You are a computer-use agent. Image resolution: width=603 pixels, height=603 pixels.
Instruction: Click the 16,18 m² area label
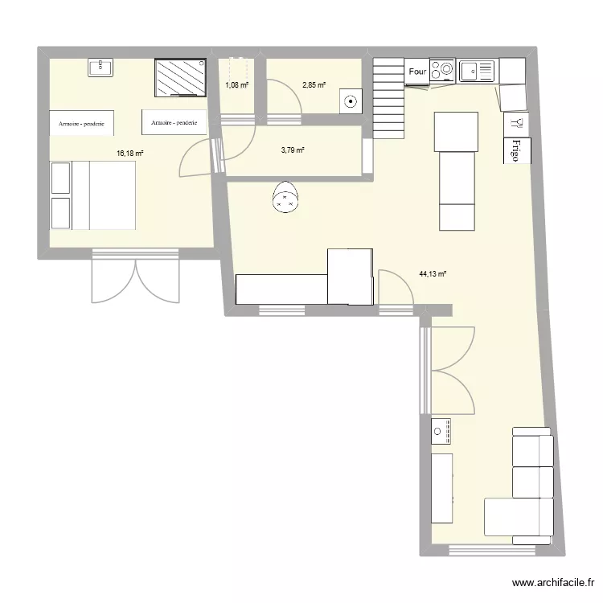point(130,153)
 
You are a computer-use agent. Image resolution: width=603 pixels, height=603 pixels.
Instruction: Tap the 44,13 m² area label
point(433,274)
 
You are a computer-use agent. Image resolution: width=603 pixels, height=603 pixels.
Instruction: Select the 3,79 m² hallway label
point(293,150)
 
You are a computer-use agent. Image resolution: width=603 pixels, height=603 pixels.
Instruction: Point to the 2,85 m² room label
point(314,85)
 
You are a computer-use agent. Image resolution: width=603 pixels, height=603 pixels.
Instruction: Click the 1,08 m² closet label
point(237,85)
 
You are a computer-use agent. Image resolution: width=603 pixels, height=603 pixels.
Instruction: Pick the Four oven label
point(417,72)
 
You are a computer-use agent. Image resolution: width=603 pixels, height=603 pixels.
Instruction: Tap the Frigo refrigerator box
point(517,150)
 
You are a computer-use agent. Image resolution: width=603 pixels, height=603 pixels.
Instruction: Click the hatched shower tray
point(180,77)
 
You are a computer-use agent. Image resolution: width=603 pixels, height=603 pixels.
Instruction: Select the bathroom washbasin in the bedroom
point(100,68)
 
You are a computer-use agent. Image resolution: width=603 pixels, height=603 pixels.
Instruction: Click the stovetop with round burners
point(442,71)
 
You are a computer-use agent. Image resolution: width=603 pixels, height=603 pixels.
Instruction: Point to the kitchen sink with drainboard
point(477,71)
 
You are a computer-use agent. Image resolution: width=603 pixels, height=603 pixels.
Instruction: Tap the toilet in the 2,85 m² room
point(351,101)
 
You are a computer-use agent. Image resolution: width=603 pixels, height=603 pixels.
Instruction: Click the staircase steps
point(388,98)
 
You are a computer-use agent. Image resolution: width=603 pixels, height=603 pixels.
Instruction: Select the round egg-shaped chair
point(285,197)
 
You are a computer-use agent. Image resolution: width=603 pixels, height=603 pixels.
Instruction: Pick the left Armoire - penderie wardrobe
point(81,123)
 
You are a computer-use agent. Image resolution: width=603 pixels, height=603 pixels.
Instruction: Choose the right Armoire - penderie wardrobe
point(174,122)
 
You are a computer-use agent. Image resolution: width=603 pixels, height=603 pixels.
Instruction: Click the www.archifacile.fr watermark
point(553,583)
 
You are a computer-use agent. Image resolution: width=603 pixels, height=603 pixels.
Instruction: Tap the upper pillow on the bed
point(61,178)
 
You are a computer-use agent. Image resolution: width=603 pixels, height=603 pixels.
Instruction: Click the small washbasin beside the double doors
point(441,431)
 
